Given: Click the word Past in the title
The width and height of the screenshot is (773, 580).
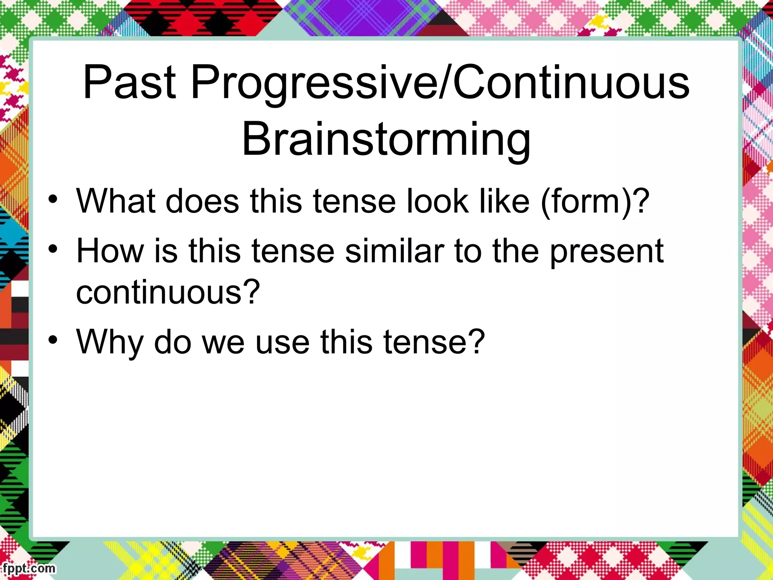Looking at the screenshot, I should (x=129, y=82).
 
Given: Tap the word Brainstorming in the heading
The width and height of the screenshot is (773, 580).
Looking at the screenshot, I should (x=386, y=139).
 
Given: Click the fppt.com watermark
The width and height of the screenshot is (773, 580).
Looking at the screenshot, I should (x=28, y=568).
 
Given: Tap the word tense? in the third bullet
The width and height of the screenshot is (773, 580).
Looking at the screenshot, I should (x=434, y=342).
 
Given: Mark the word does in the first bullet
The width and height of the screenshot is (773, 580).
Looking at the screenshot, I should (x=202, y=201).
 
